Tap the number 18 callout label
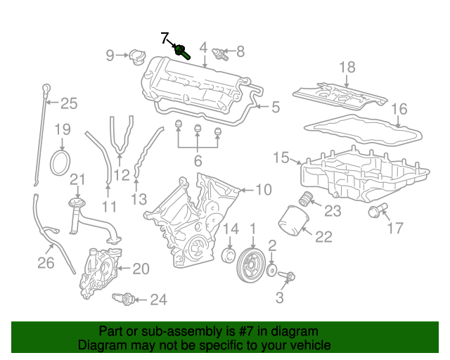pyautogui.click(x=347, y=67)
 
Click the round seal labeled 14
pyautogui.click(x=228, y=254)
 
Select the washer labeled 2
pyautogui.click(x=272, y=268)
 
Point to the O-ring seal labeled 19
pyautogui.click(x=61, y=162)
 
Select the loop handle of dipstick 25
pyautogui.click(x=47, y=88)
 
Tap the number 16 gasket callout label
pyautogui.click(x=399, y=109)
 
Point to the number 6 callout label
pyautogui.click(x=198, y=160)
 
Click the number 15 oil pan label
pyautogui.click(x=281, y=158)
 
